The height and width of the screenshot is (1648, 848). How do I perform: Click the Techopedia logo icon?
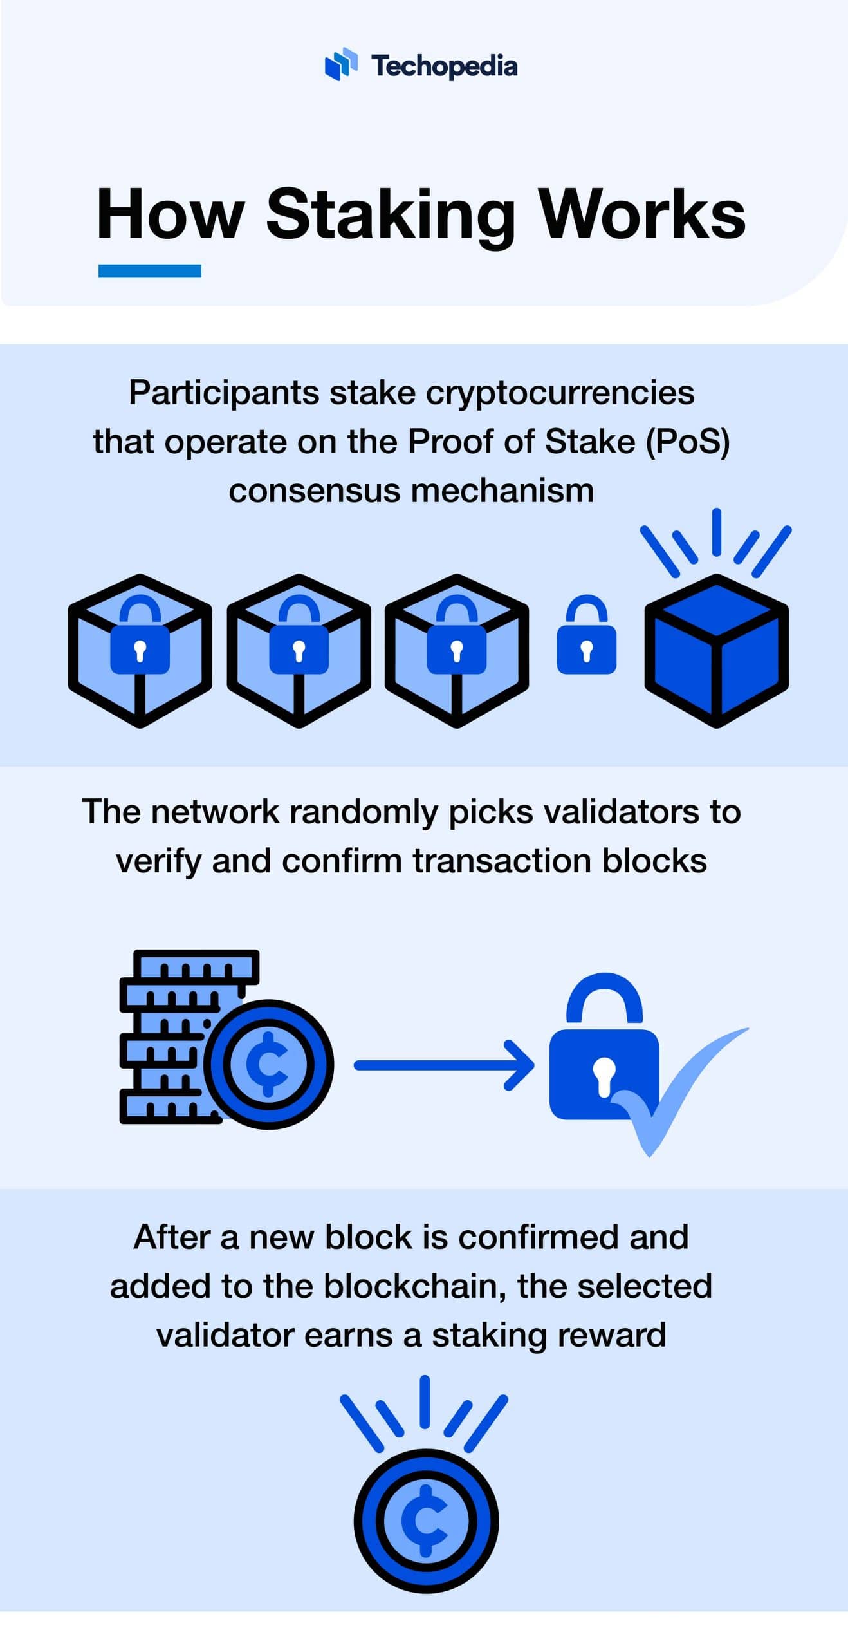point(341,64)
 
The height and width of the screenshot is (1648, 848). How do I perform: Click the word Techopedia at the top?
point(444,66)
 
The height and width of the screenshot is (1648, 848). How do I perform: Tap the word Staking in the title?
point(390,216)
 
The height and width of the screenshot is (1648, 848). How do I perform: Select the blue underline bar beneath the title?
point(149,271)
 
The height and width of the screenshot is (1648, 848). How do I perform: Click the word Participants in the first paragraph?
point(223,393)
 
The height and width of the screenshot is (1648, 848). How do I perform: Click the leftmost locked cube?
point(140,651)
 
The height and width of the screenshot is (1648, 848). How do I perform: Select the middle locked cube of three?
point(299,651)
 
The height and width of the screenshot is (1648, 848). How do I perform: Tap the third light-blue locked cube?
point(457,651)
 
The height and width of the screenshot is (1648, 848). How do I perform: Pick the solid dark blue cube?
point(716,651)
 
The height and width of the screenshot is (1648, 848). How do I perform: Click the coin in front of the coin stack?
point(269,1064)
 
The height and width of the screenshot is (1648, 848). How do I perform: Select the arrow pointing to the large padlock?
point(444,1065)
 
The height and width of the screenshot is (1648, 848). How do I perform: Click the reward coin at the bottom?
point(426,1521)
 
